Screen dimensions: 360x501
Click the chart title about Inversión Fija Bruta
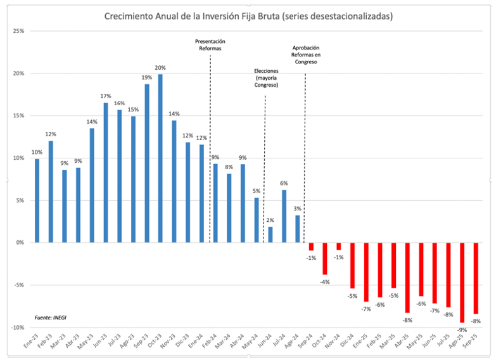[249, 16]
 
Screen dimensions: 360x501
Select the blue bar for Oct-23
[160, 158]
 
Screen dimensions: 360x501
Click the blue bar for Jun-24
[270, 235]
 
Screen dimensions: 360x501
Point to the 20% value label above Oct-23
[160, 68]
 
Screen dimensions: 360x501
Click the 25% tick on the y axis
[18, 31]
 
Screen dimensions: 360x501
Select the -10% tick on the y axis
[17, 327]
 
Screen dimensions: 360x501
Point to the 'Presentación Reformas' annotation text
[210, 45]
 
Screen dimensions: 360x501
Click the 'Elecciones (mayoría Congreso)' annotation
[266, 78]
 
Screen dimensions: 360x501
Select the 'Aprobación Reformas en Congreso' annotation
[305, 55]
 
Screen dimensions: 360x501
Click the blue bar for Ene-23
[37, 200]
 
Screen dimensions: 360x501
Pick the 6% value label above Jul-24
[284, 183]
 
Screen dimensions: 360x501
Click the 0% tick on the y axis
[20, 243]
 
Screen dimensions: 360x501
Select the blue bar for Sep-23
[147, 163]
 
